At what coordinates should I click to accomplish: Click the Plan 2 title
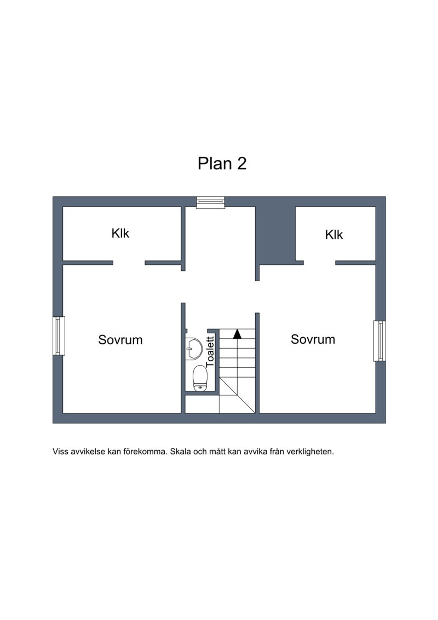(222, 163)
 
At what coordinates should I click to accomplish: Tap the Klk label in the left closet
(120, 234)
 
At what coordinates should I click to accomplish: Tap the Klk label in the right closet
(334, 235)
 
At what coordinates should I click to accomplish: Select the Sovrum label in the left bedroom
(120, 340)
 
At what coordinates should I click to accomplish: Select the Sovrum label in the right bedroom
(313, 339)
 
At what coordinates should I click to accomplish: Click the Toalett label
(210, 351)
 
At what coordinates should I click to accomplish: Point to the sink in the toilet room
(194, 348)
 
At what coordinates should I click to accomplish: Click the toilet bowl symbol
(200, 378)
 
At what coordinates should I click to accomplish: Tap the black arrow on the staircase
(237, 334)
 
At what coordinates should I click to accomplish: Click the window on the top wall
(210, 202)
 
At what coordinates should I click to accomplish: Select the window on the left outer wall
(59, 335)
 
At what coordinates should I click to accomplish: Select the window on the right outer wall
(379, 341)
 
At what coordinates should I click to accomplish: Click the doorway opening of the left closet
(129, 263)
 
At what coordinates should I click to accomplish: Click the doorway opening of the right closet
(320, 263)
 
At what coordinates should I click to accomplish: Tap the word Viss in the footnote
(60, 452)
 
